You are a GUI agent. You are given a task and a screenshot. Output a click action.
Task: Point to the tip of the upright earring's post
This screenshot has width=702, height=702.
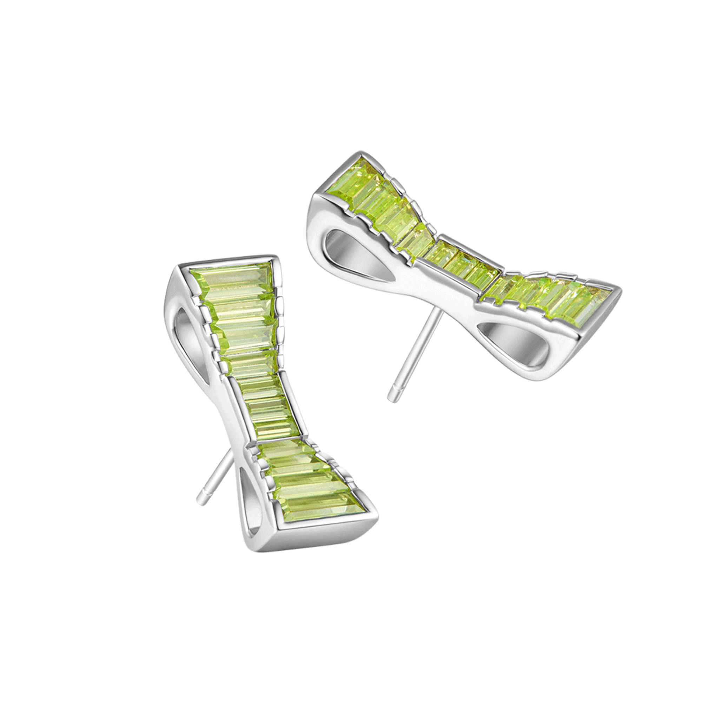click(x=201, y=501)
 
